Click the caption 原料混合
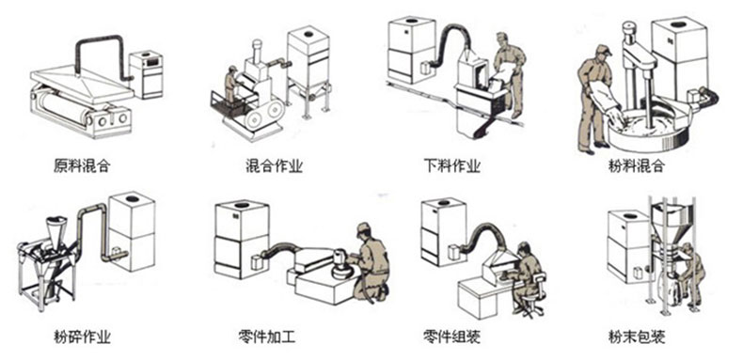82,166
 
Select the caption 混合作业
275,166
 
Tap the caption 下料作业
452,166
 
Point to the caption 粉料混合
637,166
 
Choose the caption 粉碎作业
82,337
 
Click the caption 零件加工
267,337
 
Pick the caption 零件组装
452,337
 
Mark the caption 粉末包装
637,337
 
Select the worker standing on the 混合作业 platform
230,86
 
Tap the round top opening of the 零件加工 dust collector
242,205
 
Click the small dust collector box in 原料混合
147,74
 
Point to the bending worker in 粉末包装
691,274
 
